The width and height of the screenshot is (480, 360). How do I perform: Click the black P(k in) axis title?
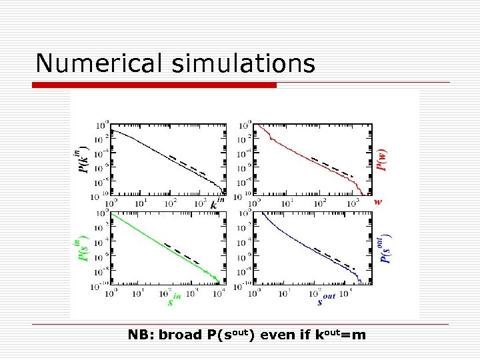coord(83,160)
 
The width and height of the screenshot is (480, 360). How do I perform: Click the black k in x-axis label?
coord(217,203)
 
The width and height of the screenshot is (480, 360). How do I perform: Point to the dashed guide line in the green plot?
coord(182,253)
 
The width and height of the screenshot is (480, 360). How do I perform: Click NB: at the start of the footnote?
coord(141,334)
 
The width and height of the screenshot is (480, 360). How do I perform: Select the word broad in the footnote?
coord(177,334)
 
